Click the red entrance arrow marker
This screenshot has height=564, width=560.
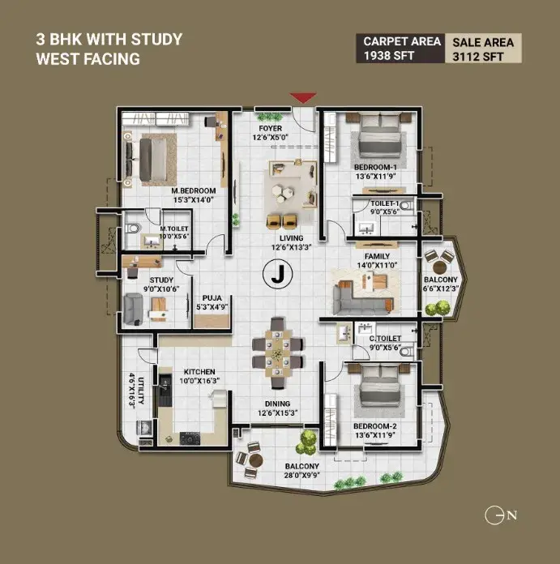[303, 97]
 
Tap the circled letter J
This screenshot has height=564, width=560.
[278, 274]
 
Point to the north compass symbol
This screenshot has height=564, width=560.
[501, 515]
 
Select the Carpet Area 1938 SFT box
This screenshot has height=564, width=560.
[400, 48]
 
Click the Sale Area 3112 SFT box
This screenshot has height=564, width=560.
[483, 48]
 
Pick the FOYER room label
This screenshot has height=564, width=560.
[271, 128]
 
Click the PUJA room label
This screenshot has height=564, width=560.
[212, 298]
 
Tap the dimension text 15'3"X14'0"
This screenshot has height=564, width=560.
[194, 200]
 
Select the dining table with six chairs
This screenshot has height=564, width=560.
[277, 353]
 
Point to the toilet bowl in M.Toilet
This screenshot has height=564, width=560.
[132, 229]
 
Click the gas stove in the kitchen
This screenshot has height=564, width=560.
[190, 438]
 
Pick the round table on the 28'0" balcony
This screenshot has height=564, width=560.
[256, 460]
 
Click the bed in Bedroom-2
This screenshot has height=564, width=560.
[380, 389]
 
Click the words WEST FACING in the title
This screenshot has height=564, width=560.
[88, 59]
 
